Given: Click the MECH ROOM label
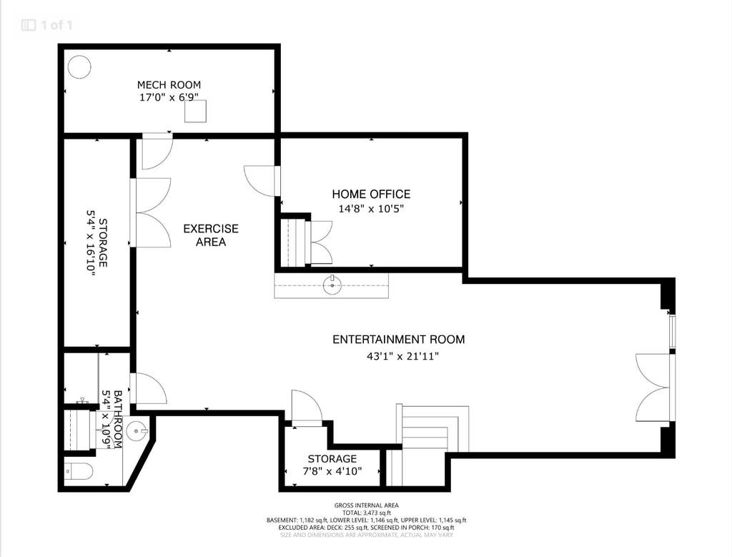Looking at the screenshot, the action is point(169,85).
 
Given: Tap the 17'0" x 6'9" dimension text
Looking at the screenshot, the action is point(169,97).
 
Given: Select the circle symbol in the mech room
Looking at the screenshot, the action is point(79,67).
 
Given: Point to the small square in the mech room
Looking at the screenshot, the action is point(195,112).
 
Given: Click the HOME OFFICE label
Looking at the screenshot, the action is point(371,194).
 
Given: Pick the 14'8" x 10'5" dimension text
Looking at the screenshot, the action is point(371,208).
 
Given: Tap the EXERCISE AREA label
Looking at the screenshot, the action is point(211,235).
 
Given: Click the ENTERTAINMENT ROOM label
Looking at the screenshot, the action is point(399,340).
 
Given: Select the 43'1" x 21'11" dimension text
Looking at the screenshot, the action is point(403,357).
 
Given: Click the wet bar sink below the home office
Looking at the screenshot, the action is point(332,285).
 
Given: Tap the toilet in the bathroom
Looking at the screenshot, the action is point(79,472).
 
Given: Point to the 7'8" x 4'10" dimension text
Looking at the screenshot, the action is point(332,471).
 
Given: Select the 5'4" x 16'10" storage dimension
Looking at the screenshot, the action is point(91,243).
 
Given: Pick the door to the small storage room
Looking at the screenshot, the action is point(307,408).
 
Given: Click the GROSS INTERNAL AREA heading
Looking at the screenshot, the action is point(367,506).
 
